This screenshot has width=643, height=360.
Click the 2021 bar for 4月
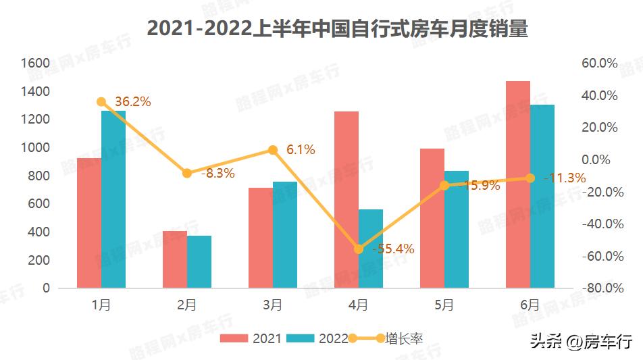coord(346,200)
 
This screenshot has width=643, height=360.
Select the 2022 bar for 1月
coord(113,199)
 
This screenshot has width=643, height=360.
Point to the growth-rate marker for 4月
coord(359,249)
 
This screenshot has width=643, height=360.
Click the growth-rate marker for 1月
coord(101,102)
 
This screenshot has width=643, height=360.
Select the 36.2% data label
coord(133,102)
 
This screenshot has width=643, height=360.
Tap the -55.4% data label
coord(393,249)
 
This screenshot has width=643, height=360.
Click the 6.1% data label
coord(301,150)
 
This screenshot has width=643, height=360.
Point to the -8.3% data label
coord(217,174)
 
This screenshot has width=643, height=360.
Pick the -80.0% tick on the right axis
coord(599,288)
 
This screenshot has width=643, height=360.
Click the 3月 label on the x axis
coord(272,305)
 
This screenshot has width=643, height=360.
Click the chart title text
coord(337,30)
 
